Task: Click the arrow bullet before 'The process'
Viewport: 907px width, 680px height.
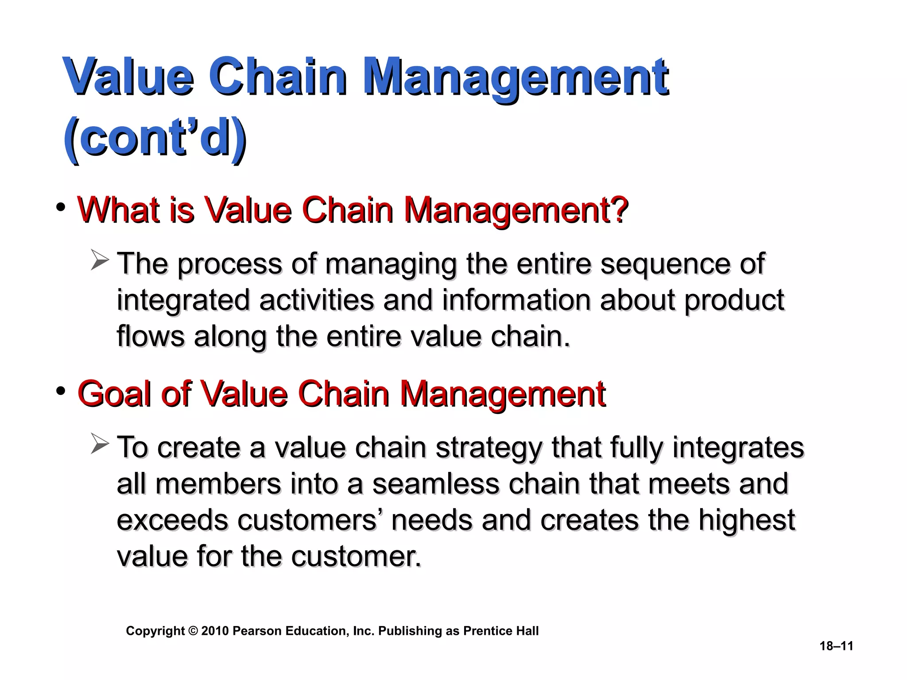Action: [100, 260]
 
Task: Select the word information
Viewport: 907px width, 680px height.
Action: [516, 301]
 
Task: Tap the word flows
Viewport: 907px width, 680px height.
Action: [150, 336]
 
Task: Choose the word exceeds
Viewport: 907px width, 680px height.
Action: [172, 520]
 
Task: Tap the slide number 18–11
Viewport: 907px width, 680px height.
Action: [836, 646]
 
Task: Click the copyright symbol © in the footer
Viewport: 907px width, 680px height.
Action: [193, 631]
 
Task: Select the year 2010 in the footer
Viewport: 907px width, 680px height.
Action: [215, 631]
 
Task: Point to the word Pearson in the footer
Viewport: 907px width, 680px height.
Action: [257, 631]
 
